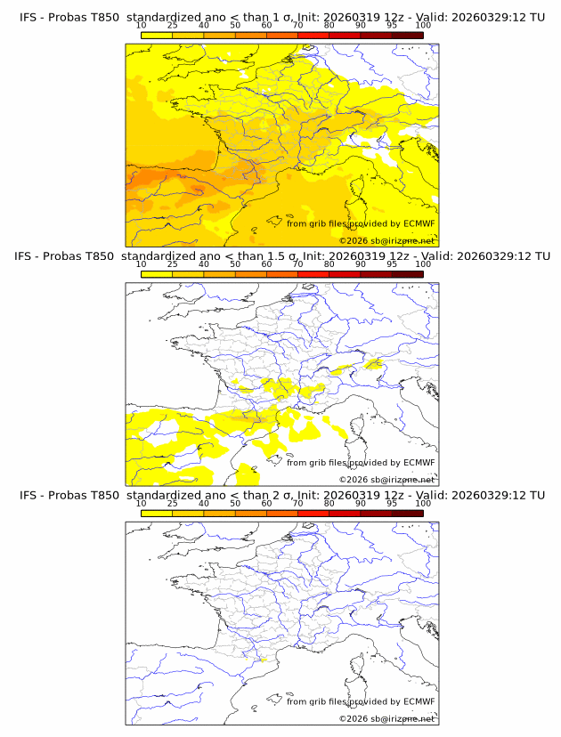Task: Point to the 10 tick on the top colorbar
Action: tap(142, 27)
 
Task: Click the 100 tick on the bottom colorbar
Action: tap(422, 504)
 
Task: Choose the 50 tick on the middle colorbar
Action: tap(235, 264)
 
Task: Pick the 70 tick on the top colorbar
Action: tap(297, 27)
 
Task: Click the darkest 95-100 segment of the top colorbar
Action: tap(407, 35)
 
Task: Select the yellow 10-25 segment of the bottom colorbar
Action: tap(157, 513)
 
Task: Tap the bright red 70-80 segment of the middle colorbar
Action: tap(313, 274)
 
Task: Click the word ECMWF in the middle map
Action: tap(419, 462)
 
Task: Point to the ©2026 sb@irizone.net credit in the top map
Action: tap(386, 240)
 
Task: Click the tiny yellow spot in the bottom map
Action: tap(264, 660)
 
